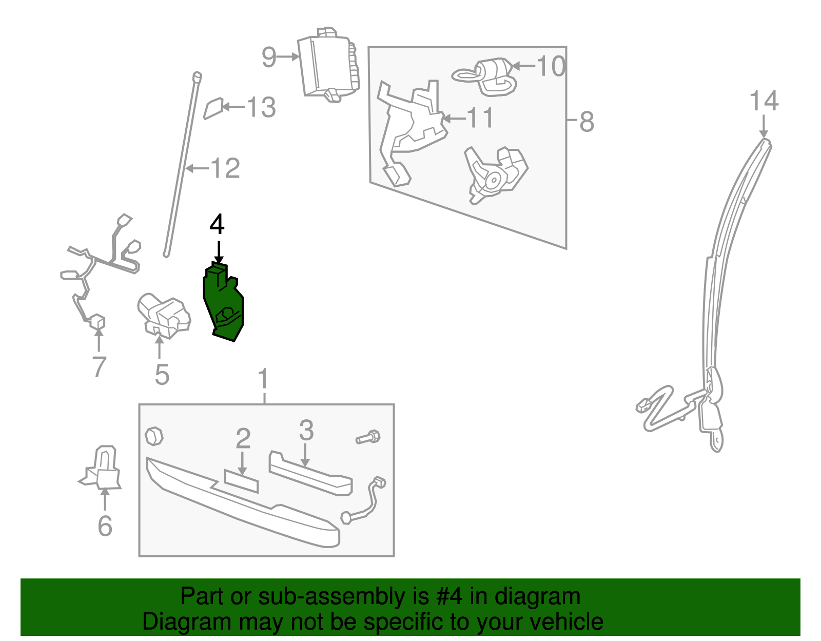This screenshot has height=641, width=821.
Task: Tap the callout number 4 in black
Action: point(217,225)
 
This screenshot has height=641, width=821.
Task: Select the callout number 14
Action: point(764,101)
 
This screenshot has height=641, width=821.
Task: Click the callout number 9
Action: point(269,57)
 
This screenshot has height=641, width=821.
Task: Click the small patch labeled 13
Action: point(213,108)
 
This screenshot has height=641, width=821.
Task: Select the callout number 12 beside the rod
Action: point(225,168)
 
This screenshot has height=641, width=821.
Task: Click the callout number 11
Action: point(480,118)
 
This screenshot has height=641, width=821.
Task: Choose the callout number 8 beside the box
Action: point(587,122)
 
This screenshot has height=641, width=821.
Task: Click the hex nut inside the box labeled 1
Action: point(154,436)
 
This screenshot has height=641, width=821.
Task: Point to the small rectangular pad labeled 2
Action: point(241,480)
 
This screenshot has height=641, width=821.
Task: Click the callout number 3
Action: point(306,430)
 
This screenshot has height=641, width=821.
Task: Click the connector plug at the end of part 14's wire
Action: point(642,406)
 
